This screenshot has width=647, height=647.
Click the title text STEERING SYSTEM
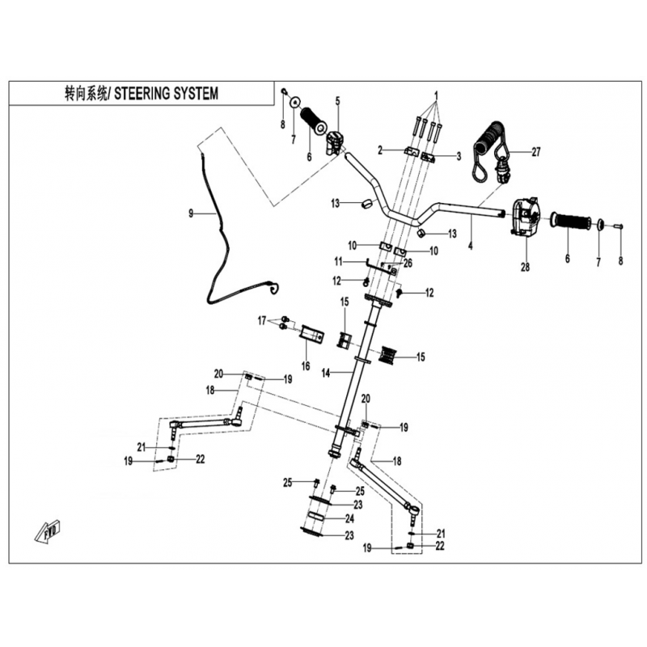166,94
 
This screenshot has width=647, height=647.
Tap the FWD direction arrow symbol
48,531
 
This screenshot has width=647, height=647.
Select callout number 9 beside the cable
191,214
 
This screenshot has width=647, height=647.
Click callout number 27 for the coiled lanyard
535,152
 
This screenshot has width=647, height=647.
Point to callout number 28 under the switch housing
525,267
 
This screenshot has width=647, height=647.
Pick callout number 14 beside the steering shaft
326,373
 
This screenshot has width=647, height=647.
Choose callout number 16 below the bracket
306,366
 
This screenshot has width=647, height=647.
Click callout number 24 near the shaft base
349,518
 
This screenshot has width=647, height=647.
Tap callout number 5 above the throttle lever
337,101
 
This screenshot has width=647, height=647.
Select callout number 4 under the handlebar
470,247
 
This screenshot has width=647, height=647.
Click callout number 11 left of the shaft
339,261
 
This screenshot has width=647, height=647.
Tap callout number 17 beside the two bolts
262,320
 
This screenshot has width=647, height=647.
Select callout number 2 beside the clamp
380,150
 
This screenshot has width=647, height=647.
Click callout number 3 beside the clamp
459,156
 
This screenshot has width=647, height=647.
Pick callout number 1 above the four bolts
436,95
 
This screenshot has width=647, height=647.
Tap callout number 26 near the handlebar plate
408,263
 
